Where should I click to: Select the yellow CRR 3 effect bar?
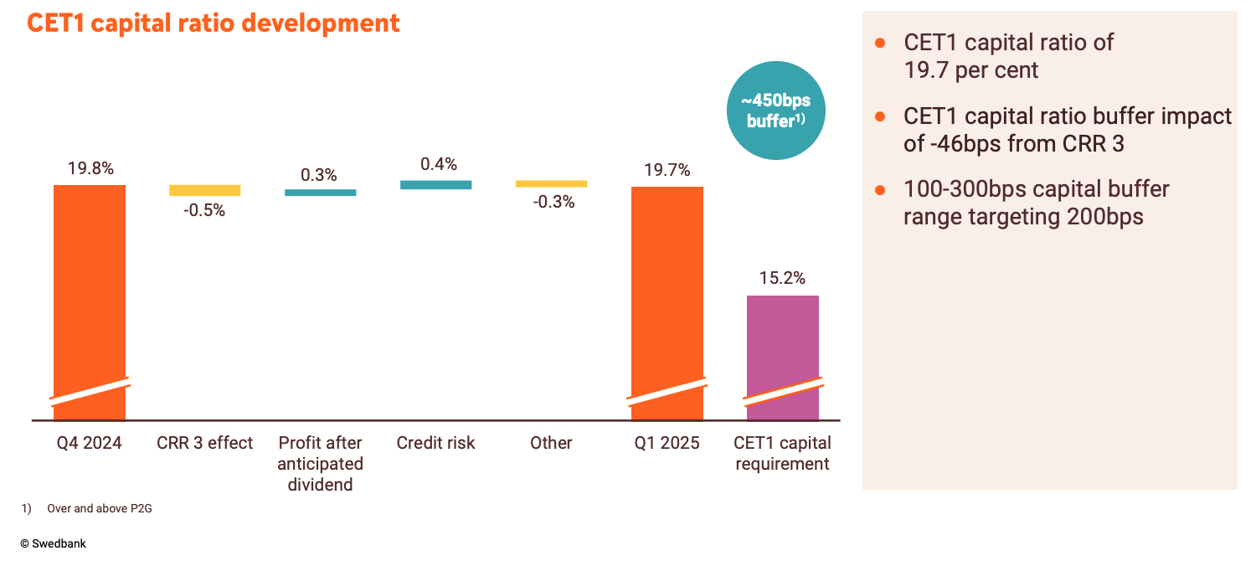click(205, 190)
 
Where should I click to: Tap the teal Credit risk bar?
click(435, 184)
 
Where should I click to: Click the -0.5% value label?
click(204, 210)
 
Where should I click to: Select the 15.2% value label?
click(782, 278)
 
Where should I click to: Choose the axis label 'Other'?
click(551, 443)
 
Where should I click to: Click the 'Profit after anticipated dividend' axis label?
click(320, 463)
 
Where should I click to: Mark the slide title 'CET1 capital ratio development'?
click(214, 23)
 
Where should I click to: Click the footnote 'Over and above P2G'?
click(100, 508)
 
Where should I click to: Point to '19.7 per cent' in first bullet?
click(970, 70)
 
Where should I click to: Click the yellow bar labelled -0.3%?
click(551, 183)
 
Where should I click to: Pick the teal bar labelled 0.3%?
click(320, 193)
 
